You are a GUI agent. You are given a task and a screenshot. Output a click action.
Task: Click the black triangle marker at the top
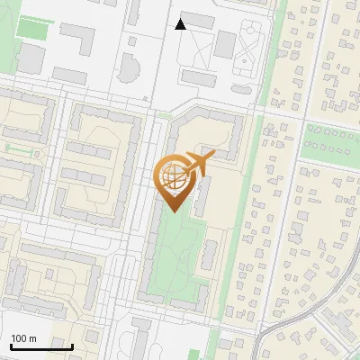(x=180, y=24)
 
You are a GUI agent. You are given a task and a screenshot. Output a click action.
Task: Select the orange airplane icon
(x=199, y=163)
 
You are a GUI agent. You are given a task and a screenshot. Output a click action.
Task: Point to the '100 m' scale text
(x=23, y=338)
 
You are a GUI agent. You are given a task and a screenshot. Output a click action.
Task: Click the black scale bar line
(x=41, y=346)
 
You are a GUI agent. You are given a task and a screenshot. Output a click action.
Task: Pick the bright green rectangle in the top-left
(x=32, y=28)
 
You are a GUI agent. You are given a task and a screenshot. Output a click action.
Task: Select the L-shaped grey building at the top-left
(x=79, y=39)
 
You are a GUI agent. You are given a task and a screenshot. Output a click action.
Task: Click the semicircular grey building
(x=130, y=70)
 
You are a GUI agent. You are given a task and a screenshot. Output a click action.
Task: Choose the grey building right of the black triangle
(x=201, y=21)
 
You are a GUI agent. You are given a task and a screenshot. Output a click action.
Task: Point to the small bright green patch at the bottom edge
(x=215, y=346)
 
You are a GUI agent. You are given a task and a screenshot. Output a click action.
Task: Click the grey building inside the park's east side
(x=208, y=256)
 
